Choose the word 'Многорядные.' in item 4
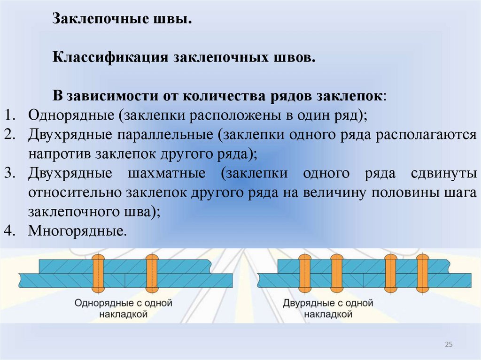click(x=78, y=231)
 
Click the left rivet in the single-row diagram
click(x=98, y=273)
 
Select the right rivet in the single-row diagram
click(x=152, y=273)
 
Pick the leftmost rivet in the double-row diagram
click(x=304, y=273)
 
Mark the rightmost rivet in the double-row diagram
click(x=423, y=273)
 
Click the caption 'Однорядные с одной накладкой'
click(x=124, y=308)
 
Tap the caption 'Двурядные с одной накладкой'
click(x=328, y=308)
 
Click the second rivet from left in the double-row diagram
click(x=337, y=273)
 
